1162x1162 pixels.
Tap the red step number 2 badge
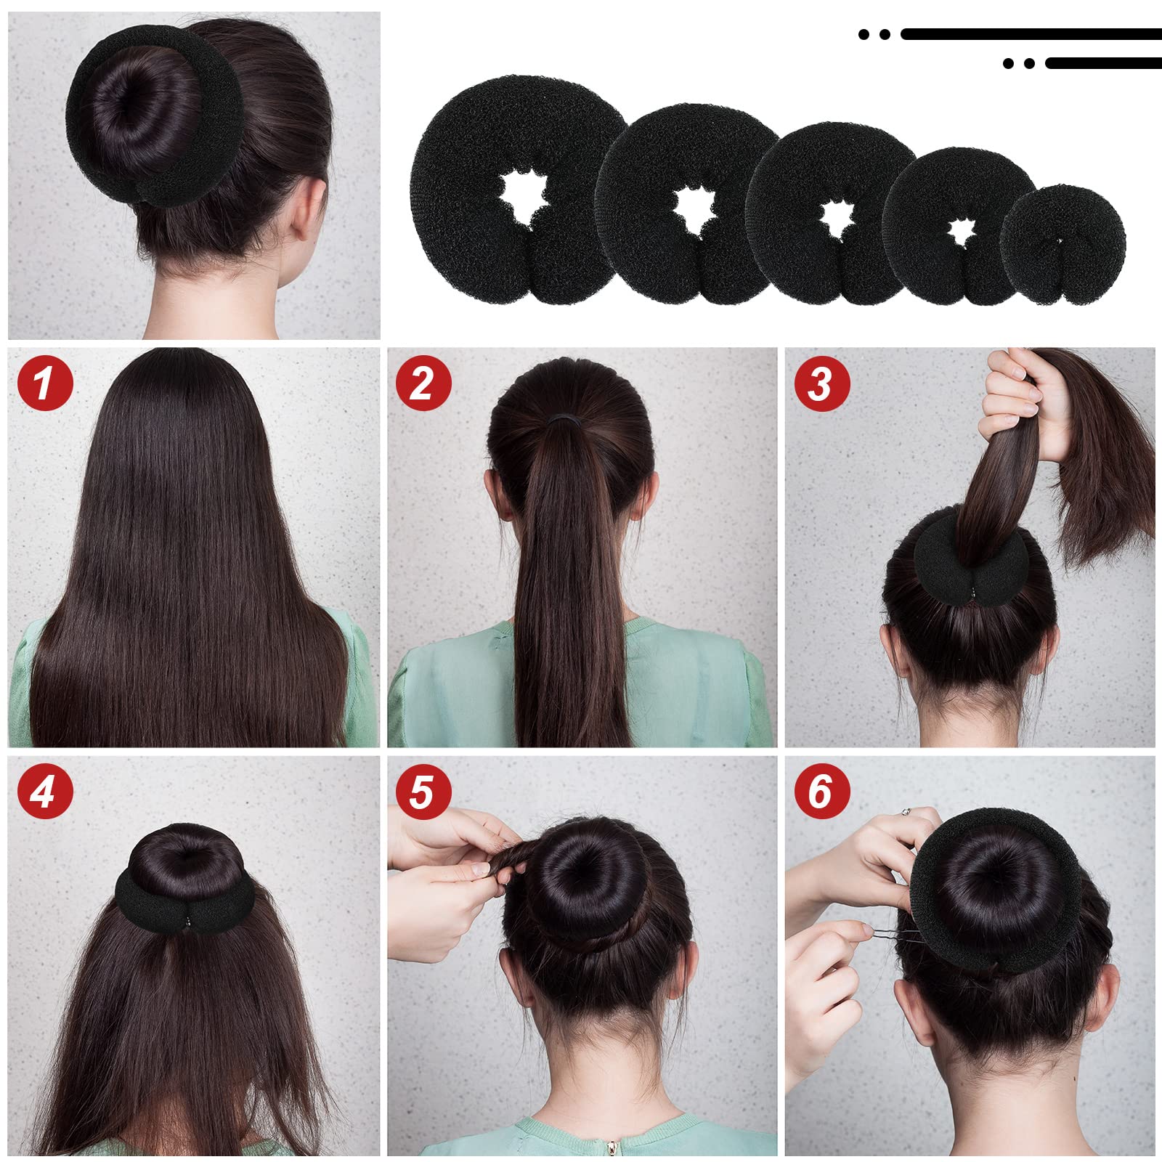point(423,382)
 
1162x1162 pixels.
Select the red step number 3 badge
point(822,382)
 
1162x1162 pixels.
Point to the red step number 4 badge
point(45,791)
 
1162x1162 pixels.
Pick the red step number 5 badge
point(423,791)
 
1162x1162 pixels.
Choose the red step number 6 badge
point(822,791)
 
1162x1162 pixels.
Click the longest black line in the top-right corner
point(1031,34)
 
